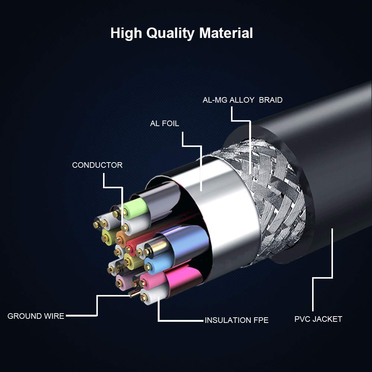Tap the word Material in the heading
pos(226,33)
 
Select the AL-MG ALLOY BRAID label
pos(242,100)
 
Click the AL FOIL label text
pos(164,124)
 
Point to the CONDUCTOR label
pos(97,165)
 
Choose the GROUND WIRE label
pos(36,316)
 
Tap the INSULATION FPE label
pos(236,320)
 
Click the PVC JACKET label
pos(318,319)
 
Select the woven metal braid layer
pos(275,193)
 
